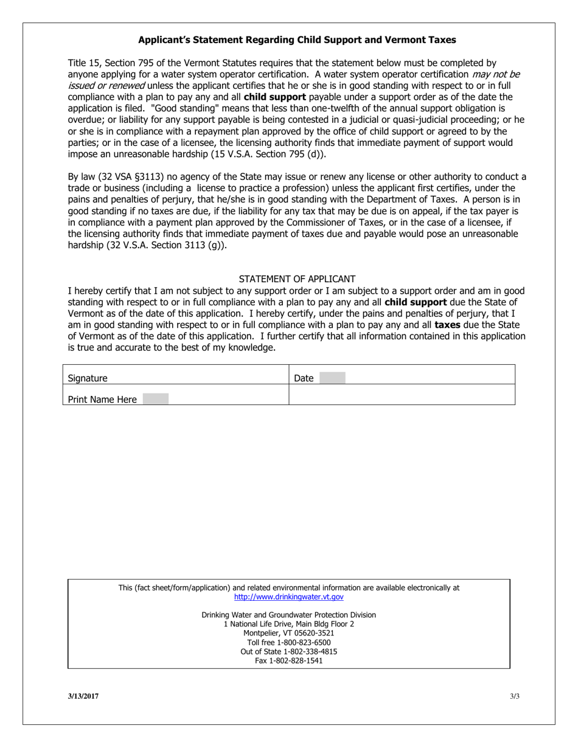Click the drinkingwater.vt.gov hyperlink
tap(288, 597)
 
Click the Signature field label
tap(88, 378)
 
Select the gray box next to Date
tap(332, 378)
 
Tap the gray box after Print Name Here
tap(155, 400)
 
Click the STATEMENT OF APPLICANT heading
tap(297, 279)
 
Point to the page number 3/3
tap(515, 696)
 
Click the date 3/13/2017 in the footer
tap(83, 696)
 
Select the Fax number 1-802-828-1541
tap(289, 660)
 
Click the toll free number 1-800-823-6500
tap(289, 642)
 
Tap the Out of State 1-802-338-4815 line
tap(289, 651)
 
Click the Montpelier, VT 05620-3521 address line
tap(289, 633)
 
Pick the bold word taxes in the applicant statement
tap(447, 325)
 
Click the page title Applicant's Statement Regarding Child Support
tap(297, 40)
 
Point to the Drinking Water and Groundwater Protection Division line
tap(289, 615)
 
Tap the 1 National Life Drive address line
tap(289, 624)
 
